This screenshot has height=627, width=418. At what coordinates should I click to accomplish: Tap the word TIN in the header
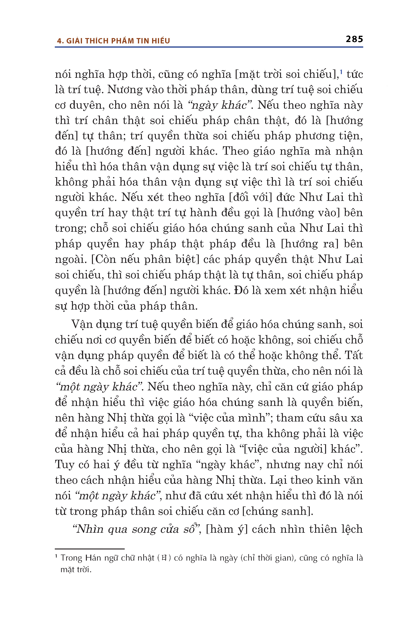[x=144, y=41]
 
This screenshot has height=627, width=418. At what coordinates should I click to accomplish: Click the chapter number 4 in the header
[x=59, y=41]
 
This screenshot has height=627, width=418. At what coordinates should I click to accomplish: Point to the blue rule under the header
[x=209, y=47]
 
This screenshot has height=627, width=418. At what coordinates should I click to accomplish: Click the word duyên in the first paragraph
[x=85, y=105]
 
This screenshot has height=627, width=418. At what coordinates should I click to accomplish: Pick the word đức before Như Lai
[x=285, y=198]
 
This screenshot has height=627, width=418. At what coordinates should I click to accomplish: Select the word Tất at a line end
[x=354, y=355]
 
